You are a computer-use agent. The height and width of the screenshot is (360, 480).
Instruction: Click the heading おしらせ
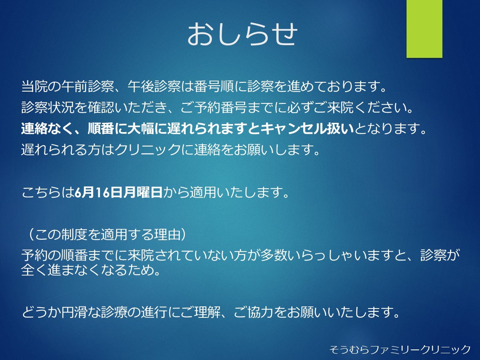[242, 34]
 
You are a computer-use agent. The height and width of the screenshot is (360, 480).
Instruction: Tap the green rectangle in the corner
[424, 29]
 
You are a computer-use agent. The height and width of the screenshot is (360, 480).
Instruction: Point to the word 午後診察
[154, 87]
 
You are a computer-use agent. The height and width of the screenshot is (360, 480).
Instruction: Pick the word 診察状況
[48, 108]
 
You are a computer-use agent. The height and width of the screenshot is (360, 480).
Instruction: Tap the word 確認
[101, 108]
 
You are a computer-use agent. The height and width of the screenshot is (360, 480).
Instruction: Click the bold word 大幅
[141, 129]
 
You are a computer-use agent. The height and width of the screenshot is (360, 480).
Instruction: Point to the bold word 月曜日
[143, 192]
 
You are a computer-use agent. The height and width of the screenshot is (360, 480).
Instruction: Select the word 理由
[168, 235]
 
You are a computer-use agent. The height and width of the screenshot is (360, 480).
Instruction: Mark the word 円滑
[74, 313]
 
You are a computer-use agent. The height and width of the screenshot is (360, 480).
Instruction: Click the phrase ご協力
[254, 313]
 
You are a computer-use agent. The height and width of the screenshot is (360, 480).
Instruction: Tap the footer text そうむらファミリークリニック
[400, 349]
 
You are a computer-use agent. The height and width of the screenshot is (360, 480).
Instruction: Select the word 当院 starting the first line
[34, 87]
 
